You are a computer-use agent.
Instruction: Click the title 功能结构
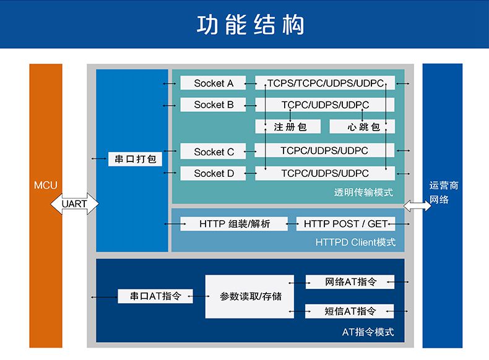pos(250,24)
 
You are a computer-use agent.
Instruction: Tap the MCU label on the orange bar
pos(46,185)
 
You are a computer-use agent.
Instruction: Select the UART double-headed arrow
pos(74,204)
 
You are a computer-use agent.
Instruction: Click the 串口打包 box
pos(135,159)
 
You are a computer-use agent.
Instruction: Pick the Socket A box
pos(214,83)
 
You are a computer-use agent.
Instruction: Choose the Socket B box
pos(214,105)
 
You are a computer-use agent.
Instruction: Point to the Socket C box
pos(214,152)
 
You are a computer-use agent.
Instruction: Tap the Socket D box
pos(214,173)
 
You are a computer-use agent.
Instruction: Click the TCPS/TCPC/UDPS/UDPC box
pos(325,83)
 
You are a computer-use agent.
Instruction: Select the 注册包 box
pos(288,127)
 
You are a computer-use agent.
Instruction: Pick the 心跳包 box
pos(362,127)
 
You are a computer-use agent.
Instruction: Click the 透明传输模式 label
pos(363,192)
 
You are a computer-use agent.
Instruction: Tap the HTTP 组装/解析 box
pos(234,224)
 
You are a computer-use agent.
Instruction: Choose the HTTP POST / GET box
pos(345,224)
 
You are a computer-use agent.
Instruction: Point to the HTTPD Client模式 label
pos(355,242)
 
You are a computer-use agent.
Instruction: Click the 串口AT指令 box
pos(155,296)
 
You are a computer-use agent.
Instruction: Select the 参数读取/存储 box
pos(249,296)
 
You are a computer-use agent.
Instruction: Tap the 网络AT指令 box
pos(350,282)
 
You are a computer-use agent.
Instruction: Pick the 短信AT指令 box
pos(350,311)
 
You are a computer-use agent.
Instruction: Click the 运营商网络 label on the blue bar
pos(443,192)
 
